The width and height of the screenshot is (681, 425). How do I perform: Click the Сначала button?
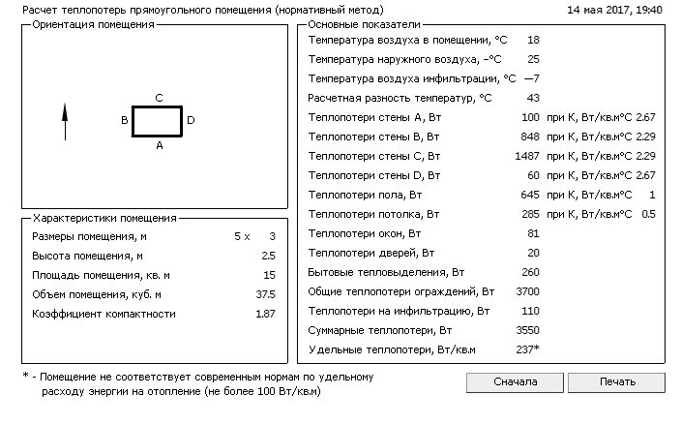coord(515,382)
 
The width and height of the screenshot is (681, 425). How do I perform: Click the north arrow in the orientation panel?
coord(65,122)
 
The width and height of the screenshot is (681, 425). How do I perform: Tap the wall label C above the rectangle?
coord(159,98)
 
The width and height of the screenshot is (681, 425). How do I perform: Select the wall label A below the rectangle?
coord(160,145)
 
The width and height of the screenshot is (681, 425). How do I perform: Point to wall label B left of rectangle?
coord(125,121)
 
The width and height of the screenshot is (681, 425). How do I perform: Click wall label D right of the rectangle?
coord(191,121)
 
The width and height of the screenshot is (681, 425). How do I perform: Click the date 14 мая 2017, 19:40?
coord(614,10)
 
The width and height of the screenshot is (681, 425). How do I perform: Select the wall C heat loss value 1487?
coord(527,156)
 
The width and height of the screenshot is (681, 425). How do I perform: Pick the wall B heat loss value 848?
coord(530,137)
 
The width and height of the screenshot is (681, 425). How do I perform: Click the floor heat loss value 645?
coord(530,195)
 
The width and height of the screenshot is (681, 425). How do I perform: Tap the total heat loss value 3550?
coord(527,330)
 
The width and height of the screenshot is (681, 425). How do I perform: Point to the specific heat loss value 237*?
coord(527,349)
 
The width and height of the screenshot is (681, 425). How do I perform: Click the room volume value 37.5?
coord(265,294)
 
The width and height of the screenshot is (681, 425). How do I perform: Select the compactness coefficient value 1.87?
coord(265,314)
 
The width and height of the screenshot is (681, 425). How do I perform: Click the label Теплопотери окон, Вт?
coord(364,233)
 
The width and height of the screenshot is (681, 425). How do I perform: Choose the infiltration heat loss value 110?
coord(530,311)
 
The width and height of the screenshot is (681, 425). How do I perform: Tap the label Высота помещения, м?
coord(87,256)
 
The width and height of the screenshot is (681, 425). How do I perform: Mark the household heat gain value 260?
coord(530,272)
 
